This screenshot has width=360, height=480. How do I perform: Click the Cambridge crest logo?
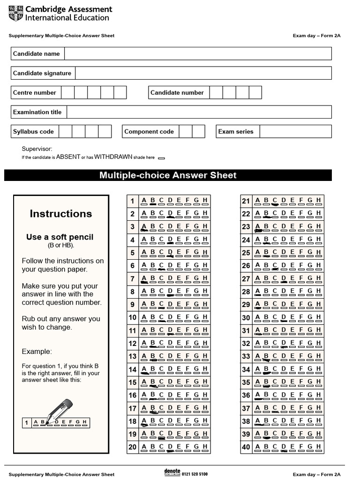point(15,13)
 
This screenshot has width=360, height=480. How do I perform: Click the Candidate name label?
point(37,54)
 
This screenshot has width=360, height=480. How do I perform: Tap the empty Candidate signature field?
point(203,73)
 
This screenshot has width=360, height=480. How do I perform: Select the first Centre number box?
point(68,92)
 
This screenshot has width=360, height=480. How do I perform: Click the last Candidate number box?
point(255,92)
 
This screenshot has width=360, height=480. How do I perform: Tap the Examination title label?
point(37,112)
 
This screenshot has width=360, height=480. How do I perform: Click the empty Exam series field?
point(295,131)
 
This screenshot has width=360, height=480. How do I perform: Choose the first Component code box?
point(186,131)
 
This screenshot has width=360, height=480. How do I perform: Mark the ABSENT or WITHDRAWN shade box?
point(161,158)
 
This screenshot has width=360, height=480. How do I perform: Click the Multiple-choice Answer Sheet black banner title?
point(168,175)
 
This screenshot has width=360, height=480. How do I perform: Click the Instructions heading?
point(61,214)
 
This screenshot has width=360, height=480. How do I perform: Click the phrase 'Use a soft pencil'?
point(60,237)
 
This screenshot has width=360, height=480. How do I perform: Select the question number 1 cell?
point(132,202)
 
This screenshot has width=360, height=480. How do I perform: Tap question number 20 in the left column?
point(132,447)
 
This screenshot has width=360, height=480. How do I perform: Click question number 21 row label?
point(246,202)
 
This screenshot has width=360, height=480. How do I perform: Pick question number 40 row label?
point(246,447)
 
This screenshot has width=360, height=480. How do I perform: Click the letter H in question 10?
point(205,317)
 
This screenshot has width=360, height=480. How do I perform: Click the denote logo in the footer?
point(172,472)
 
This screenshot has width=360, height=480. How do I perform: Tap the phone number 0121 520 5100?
point(195,474)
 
